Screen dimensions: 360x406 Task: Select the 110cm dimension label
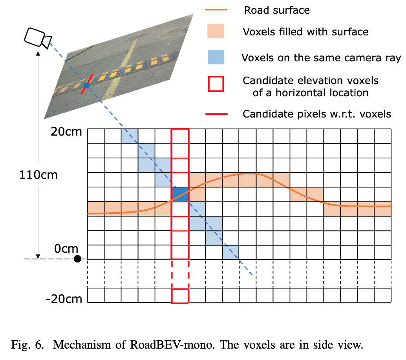click(x=38, y=174)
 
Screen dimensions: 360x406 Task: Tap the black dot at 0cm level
click(x=78, y=259)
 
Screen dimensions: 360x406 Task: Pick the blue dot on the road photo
click(x=87, y=85)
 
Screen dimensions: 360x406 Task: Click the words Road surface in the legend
click(x=277, y=10)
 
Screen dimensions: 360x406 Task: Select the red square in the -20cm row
click(x=180, y=296)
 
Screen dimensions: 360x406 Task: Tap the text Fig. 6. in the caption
click(x=28, y=345)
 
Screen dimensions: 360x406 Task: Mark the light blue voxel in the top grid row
click(x=130, y=136)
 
